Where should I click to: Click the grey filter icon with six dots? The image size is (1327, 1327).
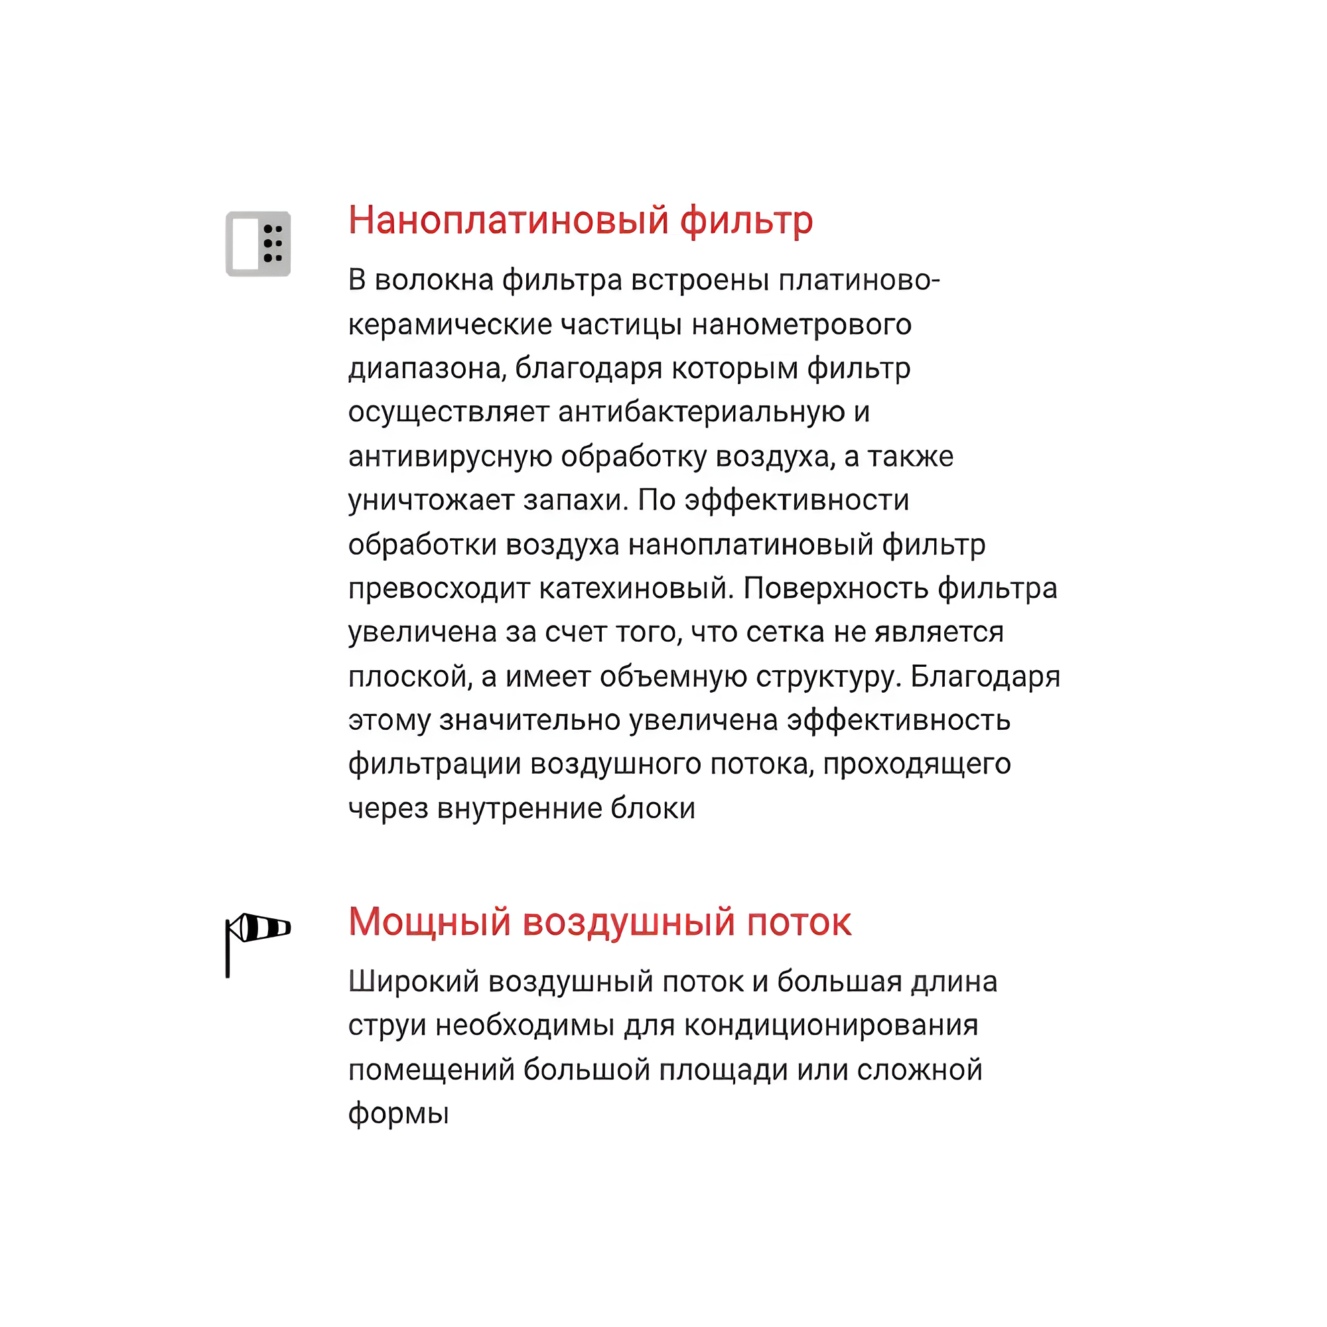point(258,244)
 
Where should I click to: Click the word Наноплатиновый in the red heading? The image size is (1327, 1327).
point(508,220)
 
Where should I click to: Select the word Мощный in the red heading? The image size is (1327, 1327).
point(429,922)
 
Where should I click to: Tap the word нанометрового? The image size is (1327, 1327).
point(802,324)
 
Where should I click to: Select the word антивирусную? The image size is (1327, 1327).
point(450,456)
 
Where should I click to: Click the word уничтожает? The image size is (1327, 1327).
point(431,500)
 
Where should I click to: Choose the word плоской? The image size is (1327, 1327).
point(410,677)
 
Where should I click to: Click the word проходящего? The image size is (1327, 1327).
point(917,764)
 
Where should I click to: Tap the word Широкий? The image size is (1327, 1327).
point(413,981)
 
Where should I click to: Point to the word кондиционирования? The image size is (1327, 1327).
point(831,1026)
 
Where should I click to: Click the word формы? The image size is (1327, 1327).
point(398,1113)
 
